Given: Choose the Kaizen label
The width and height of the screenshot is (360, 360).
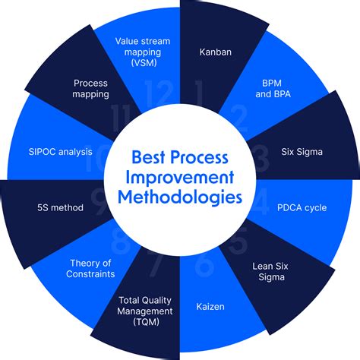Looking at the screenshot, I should (x=210, y=308).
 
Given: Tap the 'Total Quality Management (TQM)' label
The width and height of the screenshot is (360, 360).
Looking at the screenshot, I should (x=147, y=311).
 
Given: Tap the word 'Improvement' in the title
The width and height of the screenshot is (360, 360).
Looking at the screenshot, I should (x=180, y=177).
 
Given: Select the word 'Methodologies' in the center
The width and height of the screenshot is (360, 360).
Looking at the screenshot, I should (x=180, y=197).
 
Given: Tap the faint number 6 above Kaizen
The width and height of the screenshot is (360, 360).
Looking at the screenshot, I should (x=204, y=266).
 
